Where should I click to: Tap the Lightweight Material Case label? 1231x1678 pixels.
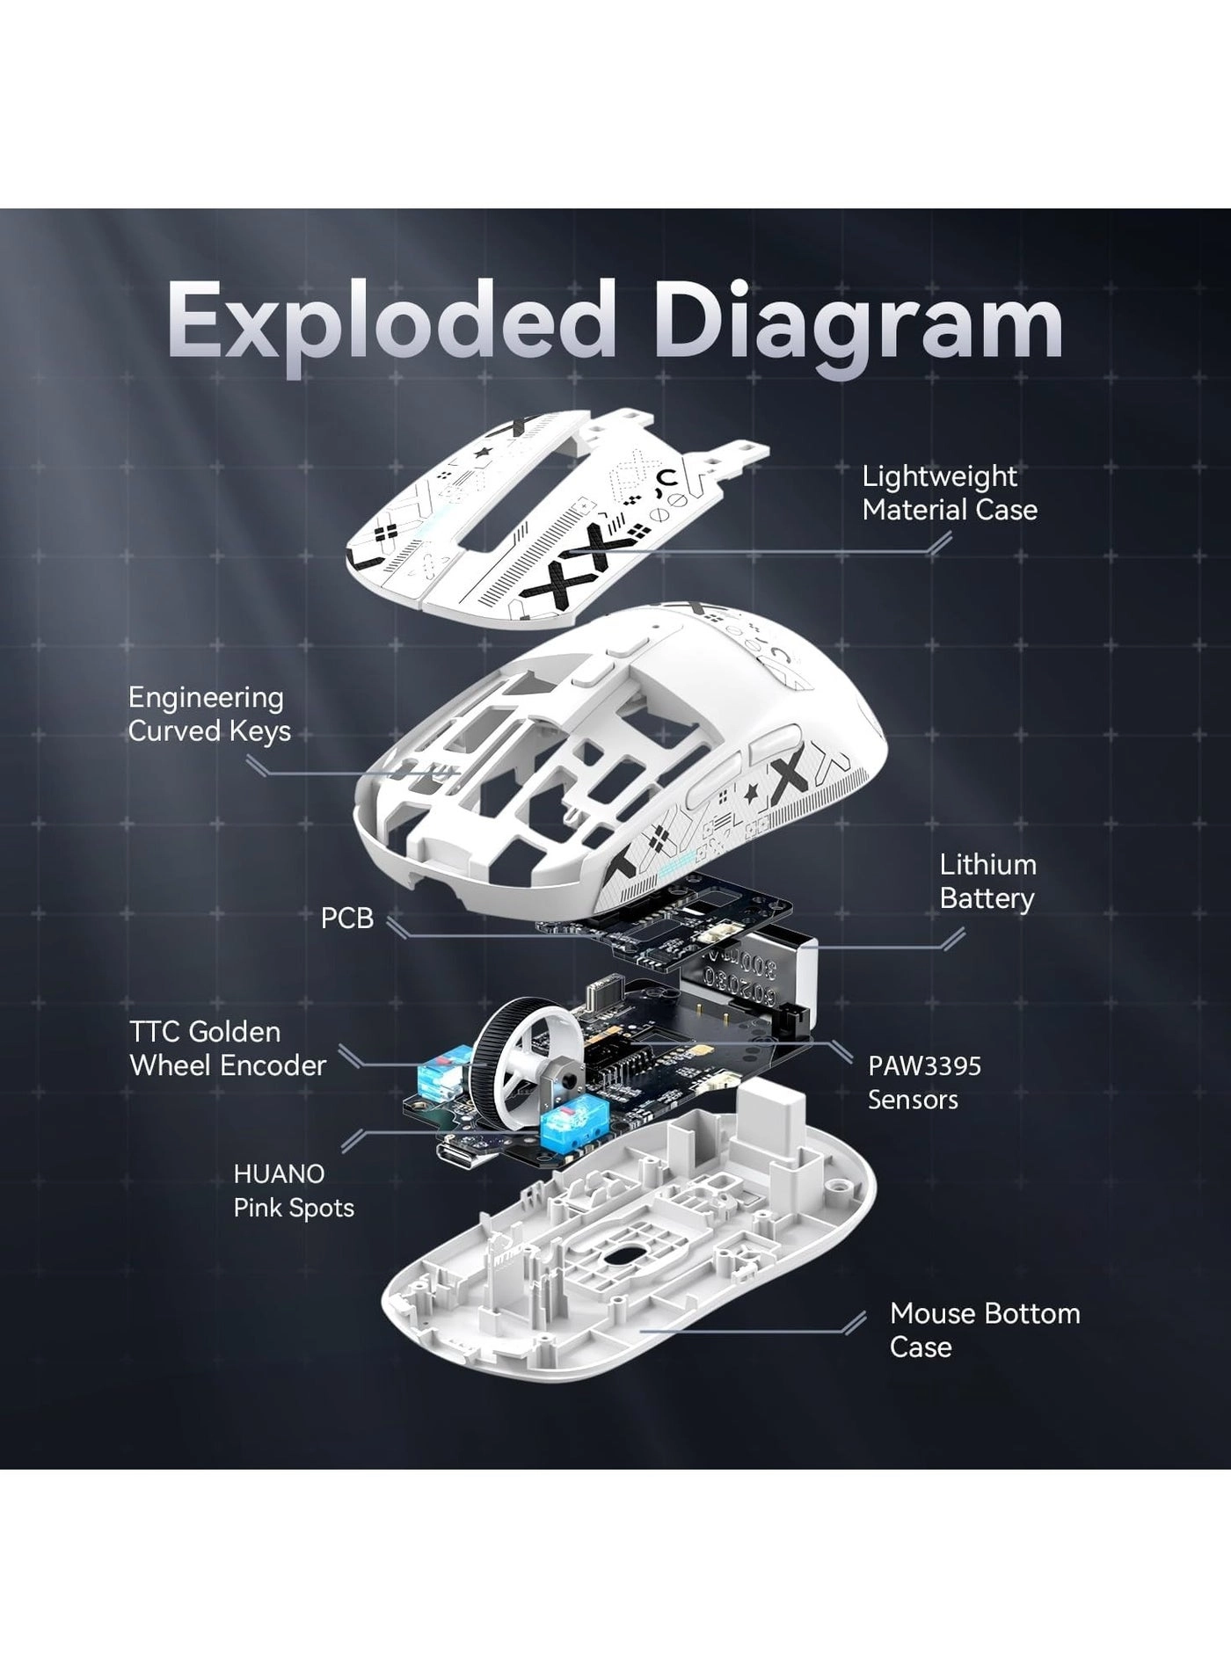coord(949,493)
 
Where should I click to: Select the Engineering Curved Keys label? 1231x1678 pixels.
coord(208,714)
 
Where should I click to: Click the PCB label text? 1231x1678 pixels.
coord(346,919)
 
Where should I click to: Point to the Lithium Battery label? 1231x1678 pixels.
coord(987,882)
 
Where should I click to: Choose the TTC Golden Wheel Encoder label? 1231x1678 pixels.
coord(227,1049)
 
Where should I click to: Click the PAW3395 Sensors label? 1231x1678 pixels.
coord(923,1082)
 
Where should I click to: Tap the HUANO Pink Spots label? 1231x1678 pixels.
coord(293,1191)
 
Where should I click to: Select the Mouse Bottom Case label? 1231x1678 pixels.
coord(984,1330)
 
